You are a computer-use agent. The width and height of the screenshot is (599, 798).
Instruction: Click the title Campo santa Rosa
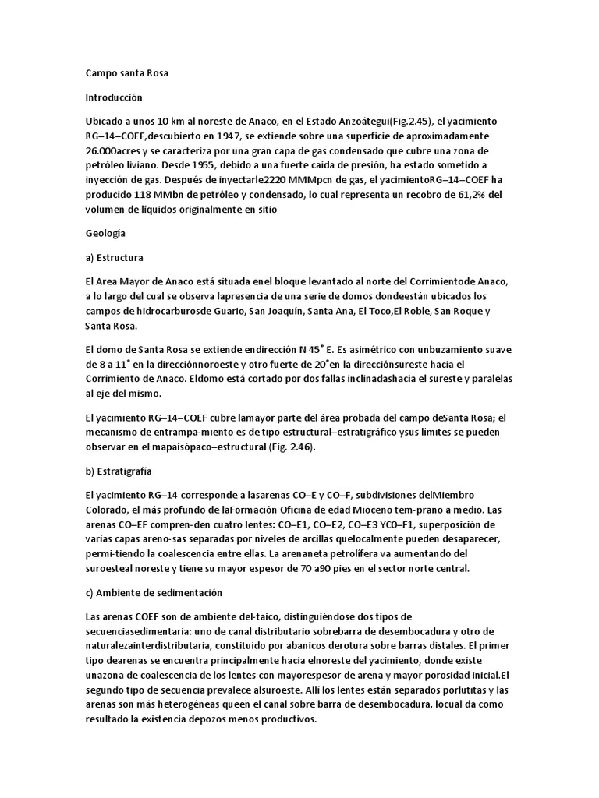pos(126,74)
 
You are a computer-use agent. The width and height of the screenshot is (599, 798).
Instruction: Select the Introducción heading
pos(114,99)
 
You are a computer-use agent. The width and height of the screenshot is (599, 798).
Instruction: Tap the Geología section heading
pos(105,232)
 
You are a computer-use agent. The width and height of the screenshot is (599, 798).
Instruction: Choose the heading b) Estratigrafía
pos(119,471)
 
